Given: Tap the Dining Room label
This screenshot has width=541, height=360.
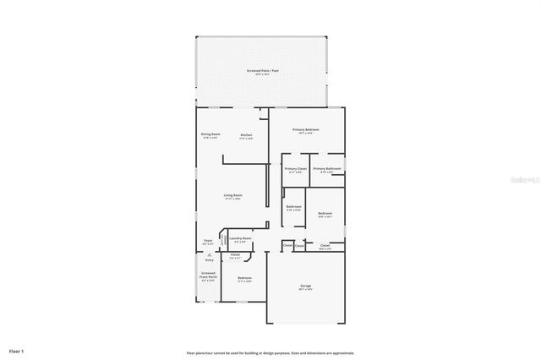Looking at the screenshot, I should (x=210, y=134).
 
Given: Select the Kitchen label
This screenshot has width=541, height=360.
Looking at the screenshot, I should (x=246, y=135).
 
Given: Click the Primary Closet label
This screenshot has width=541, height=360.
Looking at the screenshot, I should (x=296, y=169).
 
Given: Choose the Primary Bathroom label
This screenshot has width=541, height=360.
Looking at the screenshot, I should (x=326, y=169).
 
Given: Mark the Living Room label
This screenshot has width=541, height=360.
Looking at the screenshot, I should (x=232, y=196).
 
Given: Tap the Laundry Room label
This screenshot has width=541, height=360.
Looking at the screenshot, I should (x=240, y=239).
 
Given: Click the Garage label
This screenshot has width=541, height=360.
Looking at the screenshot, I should (x=305, y=286).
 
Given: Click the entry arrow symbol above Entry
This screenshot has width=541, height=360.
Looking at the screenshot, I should (x=208, y=254).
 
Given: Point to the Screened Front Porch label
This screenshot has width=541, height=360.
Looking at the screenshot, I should (x=208, y=275).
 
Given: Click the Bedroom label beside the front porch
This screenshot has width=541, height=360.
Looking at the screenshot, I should (x=244, y=278).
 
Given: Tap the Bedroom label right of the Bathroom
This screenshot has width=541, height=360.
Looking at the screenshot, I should (x=325, y=214).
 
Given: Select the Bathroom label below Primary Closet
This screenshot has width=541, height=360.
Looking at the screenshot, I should (x=293, y=206).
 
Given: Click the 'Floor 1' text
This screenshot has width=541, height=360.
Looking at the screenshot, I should (x=17, y=350).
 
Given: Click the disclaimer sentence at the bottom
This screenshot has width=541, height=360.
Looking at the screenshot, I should (x=270, y=352).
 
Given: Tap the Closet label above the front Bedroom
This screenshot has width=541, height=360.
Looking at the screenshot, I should (x=235, y=254).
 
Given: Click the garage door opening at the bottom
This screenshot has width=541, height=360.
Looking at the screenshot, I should (x=305, y=323).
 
